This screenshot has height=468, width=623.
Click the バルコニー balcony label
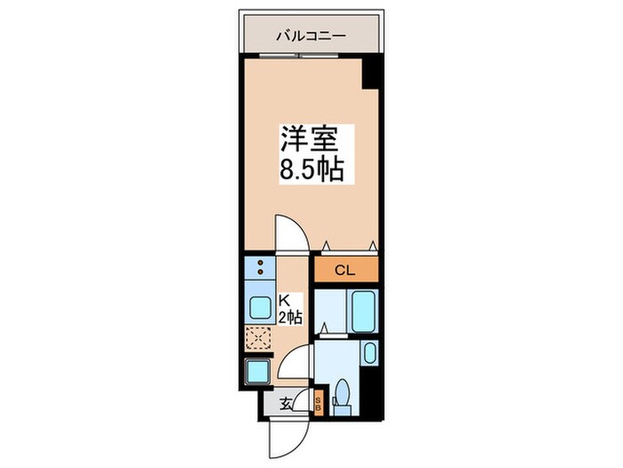click(x=310, y=37)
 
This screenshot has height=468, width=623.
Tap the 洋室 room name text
click(x=310, y=141)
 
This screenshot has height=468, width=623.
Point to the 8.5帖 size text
click(x=310, y=170)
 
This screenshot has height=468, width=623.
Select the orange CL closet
click(x=345, y=268)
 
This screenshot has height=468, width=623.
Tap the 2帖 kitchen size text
click(x=291, y=316)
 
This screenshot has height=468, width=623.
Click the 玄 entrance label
click(x=287, y=404)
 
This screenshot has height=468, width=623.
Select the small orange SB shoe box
click(x=319, y=404)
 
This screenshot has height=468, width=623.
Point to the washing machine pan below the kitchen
click(x=259, y=371)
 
